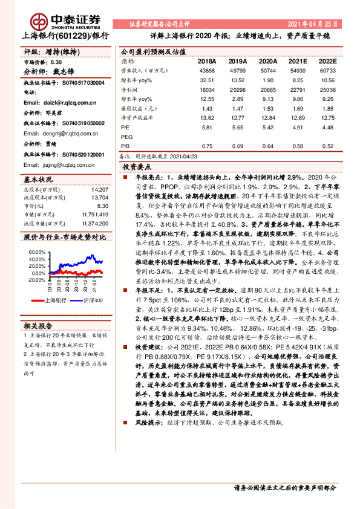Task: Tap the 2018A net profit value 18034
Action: point(205,89)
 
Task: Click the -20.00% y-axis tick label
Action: point(36,280)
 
